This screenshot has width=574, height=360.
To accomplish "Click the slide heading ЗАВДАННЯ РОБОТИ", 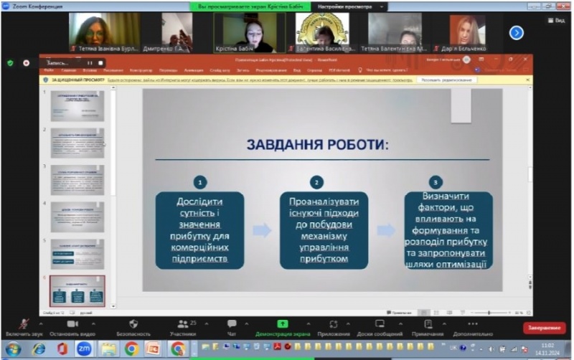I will click(x=317, y=145).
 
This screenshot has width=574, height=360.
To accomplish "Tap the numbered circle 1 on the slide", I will click(x=200, y=182).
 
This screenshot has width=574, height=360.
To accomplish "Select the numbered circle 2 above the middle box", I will click(x=316, y=182).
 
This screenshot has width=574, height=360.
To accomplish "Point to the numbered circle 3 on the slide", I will click(x=435, y=182).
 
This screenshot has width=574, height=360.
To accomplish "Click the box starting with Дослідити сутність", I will click(x=199, y=229).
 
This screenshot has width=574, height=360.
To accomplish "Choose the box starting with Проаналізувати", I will click(x=324, y=229).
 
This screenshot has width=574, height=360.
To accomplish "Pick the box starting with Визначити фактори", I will click(x=448, y=229).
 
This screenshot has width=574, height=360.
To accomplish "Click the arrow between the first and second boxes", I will click(x=262, y=230).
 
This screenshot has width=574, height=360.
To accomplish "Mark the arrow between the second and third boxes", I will click(x=386, y=230).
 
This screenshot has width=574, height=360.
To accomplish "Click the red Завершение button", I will click(x=544, y=328).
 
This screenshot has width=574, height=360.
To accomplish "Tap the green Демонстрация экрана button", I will click(x=283, y=328).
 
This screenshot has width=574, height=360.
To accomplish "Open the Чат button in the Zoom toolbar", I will click(x=232, y=328).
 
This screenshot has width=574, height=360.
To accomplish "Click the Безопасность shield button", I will click(x=133, y=328).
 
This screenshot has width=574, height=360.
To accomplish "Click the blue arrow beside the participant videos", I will click(x=516, y=32).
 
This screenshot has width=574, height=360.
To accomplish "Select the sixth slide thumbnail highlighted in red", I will click(x=77, y=291).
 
